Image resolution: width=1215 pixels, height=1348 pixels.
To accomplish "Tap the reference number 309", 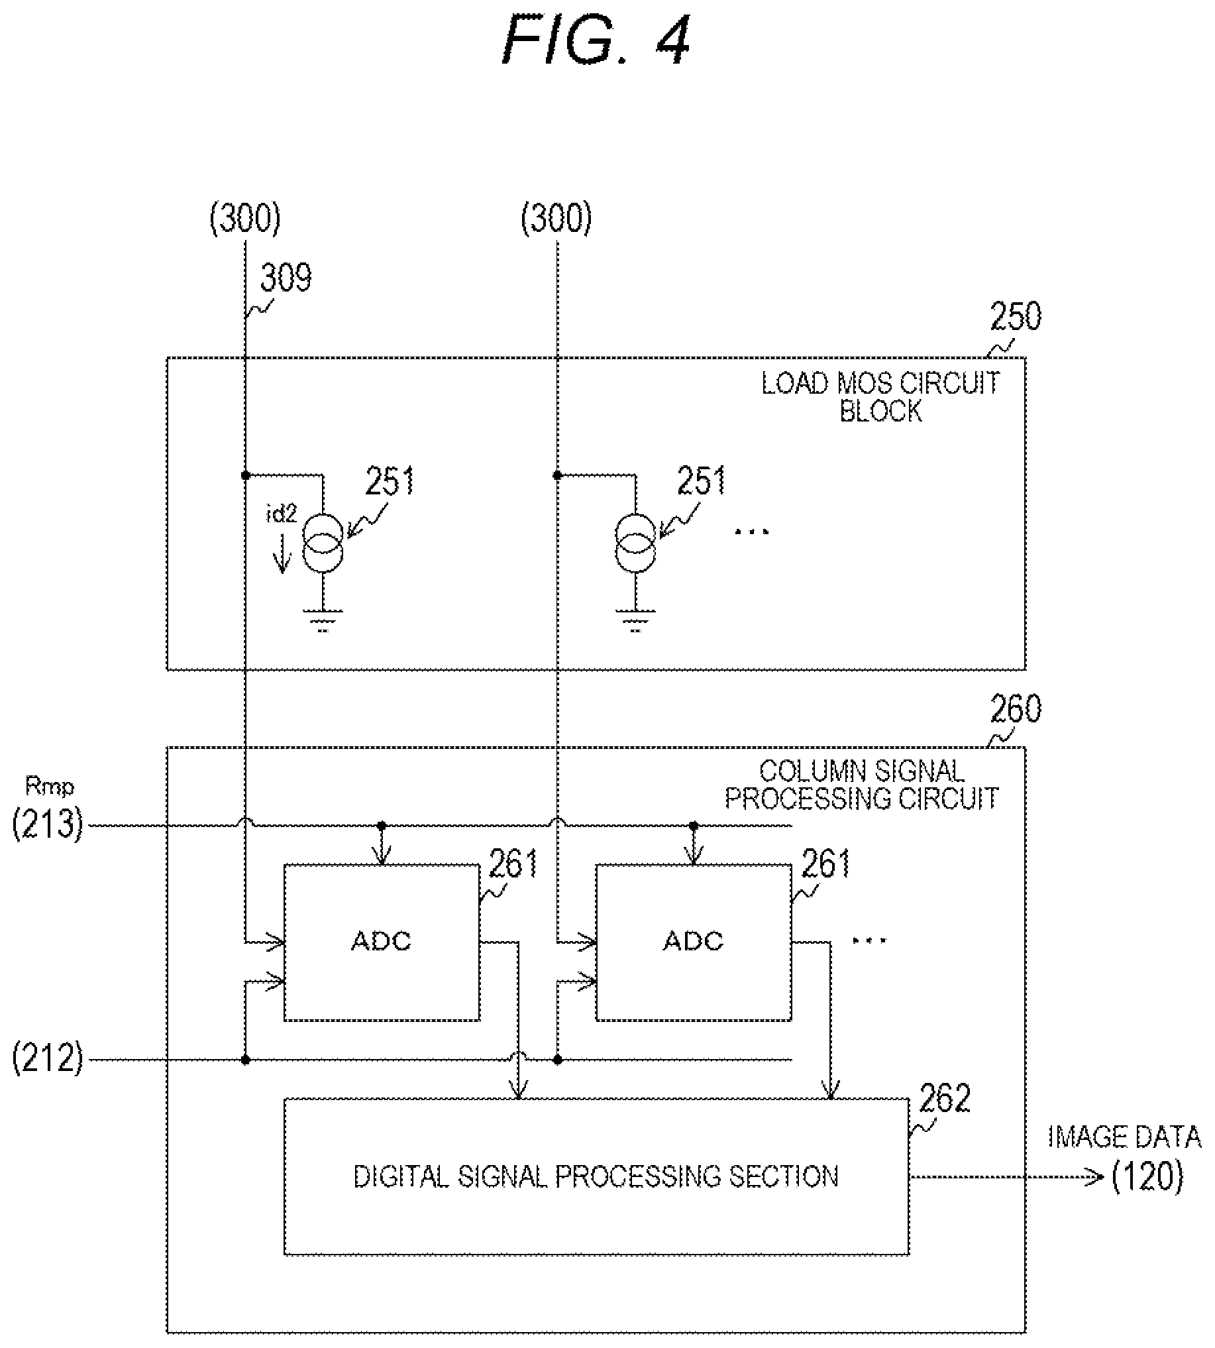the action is (286, 277).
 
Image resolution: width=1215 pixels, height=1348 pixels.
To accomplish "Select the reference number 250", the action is (1015, 317).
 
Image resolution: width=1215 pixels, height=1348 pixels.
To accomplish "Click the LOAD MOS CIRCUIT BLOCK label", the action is (880, 396).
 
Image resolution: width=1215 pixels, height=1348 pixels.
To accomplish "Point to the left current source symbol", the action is (323, 543).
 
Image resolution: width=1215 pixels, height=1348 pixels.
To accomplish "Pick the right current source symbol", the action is (635, 543).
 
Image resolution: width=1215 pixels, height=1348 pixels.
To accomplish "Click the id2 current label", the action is (281, 514).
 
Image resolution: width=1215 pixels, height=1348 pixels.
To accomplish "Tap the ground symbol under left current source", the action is (323, 620).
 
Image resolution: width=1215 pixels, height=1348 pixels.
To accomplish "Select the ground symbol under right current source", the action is (635, 620).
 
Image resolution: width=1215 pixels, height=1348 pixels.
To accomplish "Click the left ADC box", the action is (382, 942).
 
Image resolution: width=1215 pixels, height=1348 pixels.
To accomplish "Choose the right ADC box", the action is (694, 942).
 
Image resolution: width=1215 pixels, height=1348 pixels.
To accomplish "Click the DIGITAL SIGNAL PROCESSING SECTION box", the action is (596, 1176).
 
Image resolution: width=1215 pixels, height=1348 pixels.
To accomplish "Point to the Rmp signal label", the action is (50, 787).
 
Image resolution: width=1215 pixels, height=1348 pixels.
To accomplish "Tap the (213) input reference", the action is (48, 824).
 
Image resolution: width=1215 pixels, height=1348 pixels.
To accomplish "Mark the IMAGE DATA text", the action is (1124, 1137).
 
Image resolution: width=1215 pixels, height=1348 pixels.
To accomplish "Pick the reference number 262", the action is (944, 1098).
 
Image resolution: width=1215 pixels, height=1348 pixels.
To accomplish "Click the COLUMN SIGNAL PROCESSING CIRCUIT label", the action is (861, 785).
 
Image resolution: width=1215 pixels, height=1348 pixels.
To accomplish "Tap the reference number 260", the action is (1015, 709).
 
